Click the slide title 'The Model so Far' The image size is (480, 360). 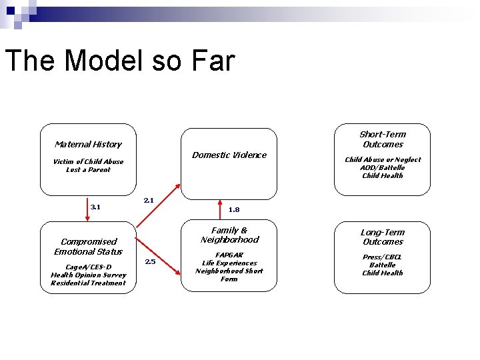pyautogui.click(x=120, y=61)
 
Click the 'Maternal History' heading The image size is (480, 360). pyautogui.click(x=88, y=144)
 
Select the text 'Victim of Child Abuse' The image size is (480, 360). pyautogui.click(x=88, y=161)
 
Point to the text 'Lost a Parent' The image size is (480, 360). pyautogui.click(x=88, y=169)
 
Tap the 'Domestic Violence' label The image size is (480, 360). pyautogui.click(x=229, y=155)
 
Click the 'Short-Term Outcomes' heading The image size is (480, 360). pyautogui.click(x=383, y=139)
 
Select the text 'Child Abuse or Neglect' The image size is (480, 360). pyautogui.click(x=383, y=159)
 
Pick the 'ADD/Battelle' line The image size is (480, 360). pyautogui.click(x=383, y=167)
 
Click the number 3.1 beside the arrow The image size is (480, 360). pyautogui.click(x=95, y=207)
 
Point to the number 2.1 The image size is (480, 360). pyautogui.click(x=149, y=200)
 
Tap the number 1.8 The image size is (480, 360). pyautogui.click(x=233, y=209)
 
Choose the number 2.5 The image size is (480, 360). pyautogui.click(x=150, y=261)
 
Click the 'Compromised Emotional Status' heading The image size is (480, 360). pyautogui.click(x=88, y=247)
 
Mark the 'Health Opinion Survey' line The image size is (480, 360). pyautogui.click(x=88, y=275)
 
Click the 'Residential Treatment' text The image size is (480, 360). pyautogui.click(x=88, y=283)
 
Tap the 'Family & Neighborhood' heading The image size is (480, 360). pyautogui.click(x=229, y=235)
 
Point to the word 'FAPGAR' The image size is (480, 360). pyautogui.click(x=229, y=255)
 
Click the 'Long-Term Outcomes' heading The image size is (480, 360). pyautogui.click(x=383, y=237)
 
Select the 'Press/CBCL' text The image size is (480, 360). pyautogui.click(x=383, y=257)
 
